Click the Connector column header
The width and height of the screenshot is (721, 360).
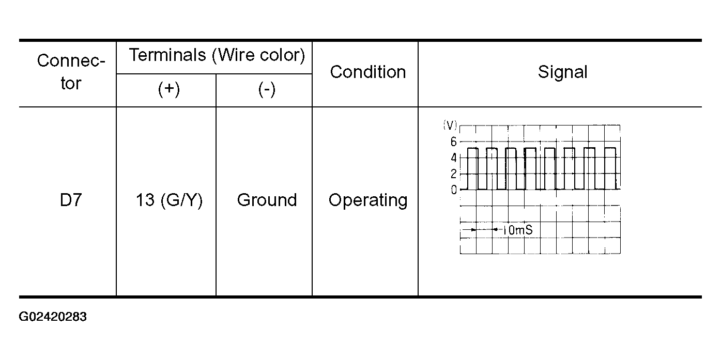click(x=71, y=72)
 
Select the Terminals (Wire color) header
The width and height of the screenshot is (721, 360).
click(x=217, y=55)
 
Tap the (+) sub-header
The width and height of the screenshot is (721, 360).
click(x=169, y=89)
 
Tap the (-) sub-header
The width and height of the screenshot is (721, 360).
click(x=267, y=89)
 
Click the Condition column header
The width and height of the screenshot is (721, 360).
click(x=368, y=72)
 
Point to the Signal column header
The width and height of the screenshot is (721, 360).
click(x=563, y=72)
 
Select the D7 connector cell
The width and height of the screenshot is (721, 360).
click(x=71, y=200)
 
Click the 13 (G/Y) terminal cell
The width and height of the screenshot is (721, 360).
click(x=170, y=200)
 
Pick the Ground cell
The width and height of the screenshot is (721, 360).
click(x=267, y=200)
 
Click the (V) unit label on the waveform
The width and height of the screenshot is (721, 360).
click(x=450, y=125)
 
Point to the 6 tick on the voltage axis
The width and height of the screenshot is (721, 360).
click(x=453, y=142)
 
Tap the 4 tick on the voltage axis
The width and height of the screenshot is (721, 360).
click(x=453, y=158)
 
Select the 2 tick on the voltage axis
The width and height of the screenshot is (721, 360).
click(x=453, y=174)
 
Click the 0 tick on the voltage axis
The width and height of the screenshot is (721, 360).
click(x=453, y=190)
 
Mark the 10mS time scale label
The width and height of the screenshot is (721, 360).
click(x=517, y=230)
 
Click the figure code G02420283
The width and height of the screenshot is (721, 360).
click(x=53, y=317)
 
